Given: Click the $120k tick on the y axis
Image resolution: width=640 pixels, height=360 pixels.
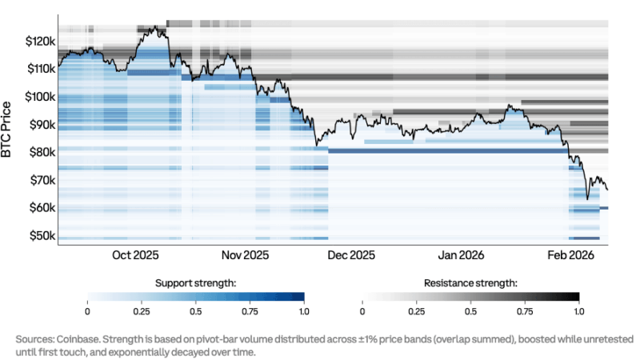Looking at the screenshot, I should coord(40,41).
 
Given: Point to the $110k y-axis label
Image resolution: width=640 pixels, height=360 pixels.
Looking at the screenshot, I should coord(40,69).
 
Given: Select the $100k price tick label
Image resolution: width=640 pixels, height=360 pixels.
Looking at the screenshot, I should coord(40,97).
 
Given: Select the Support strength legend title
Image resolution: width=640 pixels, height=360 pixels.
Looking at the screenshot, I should coord(195,283).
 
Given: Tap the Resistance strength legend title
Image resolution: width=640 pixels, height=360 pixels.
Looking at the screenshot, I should coord(471,283).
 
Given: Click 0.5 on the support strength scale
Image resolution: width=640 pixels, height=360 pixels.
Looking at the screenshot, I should coord(195,310).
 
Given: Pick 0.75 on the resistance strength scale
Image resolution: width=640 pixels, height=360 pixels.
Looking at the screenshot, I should coord(526,310).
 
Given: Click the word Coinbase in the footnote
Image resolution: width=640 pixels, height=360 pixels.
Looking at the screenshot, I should coord(71,339).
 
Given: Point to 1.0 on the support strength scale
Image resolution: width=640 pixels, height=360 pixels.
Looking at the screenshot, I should coord(304,310).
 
